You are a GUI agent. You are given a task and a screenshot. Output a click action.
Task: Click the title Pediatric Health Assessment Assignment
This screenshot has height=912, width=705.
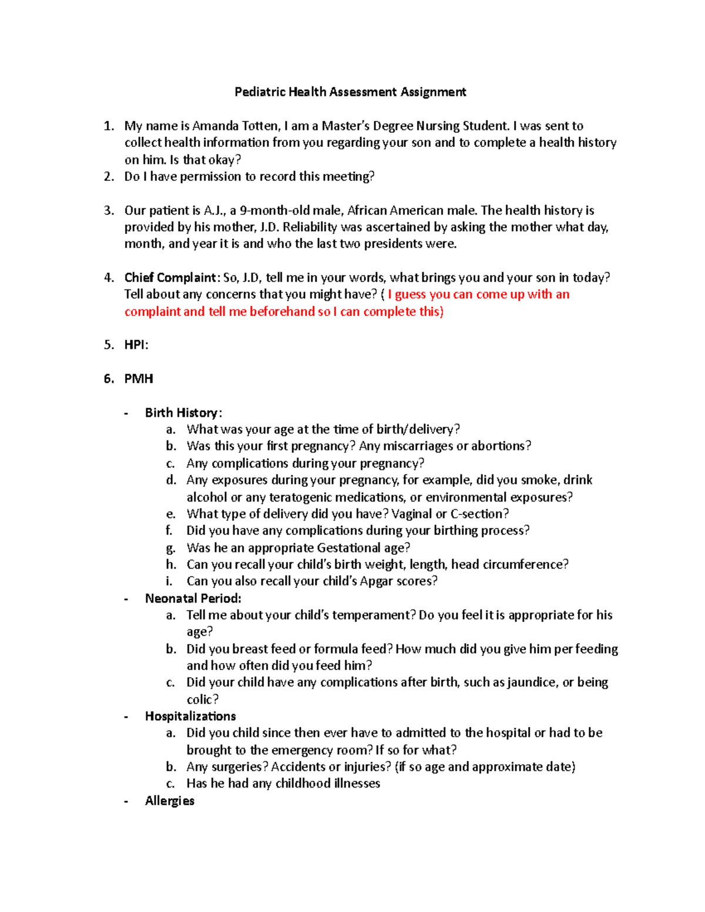point(350,92)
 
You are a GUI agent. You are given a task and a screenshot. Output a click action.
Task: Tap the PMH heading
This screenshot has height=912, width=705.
point(139,379)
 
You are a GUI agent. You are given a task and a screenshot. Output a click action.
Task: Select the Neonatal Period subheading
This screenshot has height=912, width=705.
point(193,598)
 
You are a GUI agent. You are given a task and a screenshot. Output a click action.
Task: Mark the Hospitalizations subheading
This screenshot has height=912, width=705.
point(190,716)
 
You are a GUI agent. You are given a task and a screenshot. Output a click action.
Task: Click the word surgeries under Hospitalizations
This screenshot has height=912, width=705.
point(240,767)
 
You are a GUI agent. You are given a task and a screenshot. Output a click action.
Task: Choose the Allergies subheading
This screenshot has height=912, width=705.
point(169,801)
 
